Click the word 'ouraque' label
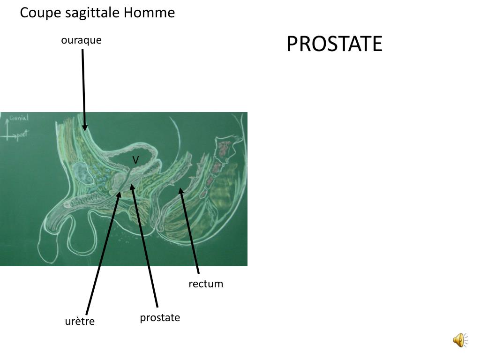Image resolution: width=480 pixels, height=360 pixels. click(81, 40)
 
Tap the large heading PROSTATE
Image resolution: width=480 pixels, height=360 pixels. click(334, 44)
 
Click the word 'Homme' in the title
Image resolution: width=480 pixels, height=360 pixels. click(149, 13)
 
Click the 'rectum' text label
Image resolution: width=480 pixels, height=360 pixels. click(206, 284)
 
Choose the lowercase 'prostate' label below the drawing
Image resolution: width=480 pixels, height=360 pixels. click(160, 318)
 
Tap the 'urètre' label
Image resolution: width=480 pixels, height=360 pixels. click(80, 322)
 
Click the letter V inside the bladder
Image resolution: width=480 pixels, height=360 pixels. click(135, 160)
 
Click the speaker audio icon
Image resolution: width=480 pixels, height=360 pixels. click(459, 340)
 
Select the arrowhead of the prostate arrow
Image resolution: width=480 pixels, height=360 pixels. click(133, 187)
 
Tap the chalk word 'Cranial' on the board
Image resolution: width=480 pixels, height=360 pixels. click(19, 118)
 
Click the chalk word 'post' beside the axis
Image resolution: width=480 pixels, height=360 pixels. click(22, 135)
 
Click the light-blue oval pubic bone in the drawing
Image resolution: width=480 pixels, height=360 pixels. click(83, 173)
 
